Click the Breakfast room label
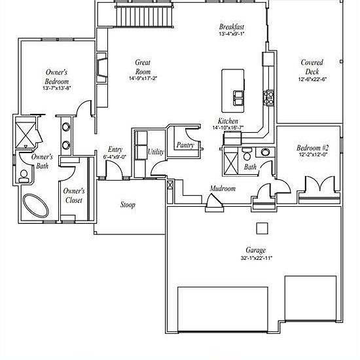tap(232, 27)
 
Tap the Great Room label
tap(143, 67)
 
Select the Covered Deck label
tap(312, 67)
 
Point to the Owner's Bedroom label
tap(57, 76)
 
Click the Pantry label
tap(185, 145)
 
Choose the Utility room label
tap(156, 152)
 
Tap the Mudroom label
tap(222, 189)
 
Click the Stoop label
tap(128, 205)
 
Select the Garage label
tap(255, 250)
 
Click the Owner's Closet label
tap(73, 195)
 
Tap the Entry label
tap(115, 150)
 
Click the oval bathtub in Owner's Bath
tap(35, 206)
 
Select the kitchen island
tap(234, 90)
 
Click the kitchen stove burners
tap(268, 98)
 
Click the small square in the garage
tap(262, 228)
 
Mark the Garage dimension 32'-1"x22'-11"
tap(255, 258)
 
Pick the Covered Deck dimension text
tap(312, 79)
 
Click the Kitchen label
tap(228, 121)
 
